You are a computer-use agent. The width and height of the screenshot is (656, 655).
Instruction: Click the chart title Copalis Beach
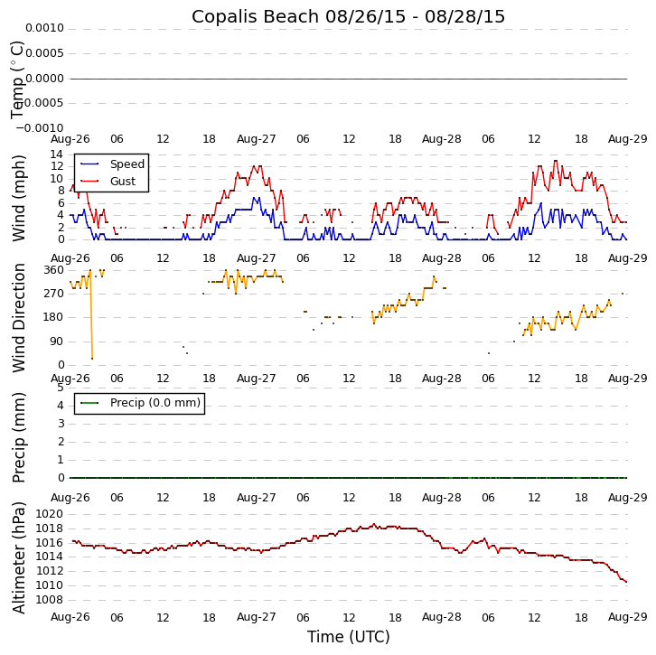(x=348, y=17)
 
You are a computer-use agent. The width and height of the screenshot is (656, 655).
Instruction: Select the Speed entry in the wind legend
(x=127, y=164)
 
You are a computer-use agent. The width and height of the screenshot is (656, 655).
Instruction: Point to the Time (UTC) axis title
(x=348, y=637)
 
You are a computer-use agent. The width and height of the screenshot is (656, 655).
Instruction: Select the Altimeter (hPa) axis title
(x=19, y=557)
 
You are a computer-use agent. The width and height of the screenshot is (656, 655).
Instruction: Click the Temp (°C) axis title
(x=19, y=79)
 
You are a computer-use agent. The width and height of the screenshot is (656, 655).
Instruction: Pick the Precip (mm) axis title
(x=19, y=436)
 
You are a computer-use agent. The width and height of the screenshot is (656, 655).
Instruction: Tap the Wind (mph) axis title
(x=19, y=197)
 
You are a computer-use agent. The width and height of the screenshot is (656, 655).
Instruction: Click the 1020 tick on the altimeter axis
(x=49, y=514)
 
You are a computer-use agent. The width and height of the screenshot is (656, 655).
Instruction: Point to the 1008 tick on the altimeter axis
(x=49, y=600)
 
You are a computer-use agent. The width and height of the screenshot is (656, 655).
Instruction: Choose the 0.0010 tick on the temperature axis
(x=44, y=29)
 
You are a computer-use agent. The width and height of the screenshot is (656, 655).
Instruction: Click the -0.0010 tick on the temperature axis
(x=42, y=128)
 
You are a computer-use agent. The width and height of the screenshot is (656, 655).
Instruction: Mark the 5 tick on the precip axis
(x=61, y=388)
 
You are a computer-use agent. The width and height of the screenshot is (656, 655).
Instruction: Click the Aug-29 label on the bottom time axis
(x=627, y=617)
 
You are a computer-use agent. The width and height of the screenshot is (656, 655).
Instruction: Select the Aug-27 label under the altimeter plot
(x=256, y=617)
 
